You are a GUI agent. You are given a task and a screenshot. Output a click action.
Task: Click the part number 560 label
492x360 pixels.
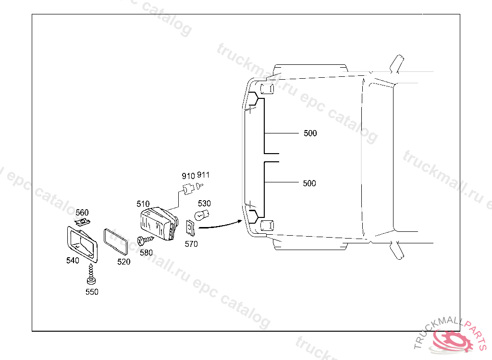[x=82, y=213]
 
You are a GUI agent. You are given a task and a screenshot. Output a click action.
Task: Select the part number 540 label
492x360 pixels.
[x=73, y=260]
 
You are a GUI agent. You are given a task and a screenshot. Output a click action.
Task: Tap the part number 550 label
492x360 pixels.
[x=92, y=292]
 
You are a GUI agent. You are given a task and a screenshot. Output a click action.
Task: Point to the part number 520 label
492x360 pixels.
[x=124, y=262]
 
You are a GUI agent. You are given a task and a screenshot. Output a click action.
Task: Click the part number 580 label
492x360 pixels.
[x=146, y=252]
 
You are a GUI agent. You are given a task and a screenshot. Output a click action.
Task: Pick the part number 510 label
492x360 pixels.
[x=143, y=204]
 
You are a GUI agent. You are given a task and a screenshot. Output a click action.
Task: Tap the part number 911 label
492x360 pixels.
[x=203, y=175]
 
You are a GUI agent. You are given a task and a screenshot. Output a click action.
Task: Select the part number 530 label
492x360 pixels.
[x=204, y=204]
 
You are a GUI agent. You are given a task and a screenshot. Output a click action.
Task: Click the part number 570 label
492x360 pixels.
[x=191, y=244]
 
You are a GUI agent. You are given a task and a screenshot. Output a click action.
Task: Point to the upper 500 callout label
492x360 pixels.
[x=310, y=133]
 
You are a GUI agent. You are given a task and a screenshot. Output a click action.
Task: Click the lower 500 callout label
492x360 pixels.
[x=309, y=183]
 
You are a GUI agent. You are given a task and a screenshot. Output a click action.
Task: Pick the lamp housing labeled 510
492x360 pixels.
[x=159, y=223]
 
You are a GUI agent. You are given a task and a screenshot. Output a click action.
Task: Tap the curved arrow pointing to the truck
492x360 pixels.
[x=219, y=224]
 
